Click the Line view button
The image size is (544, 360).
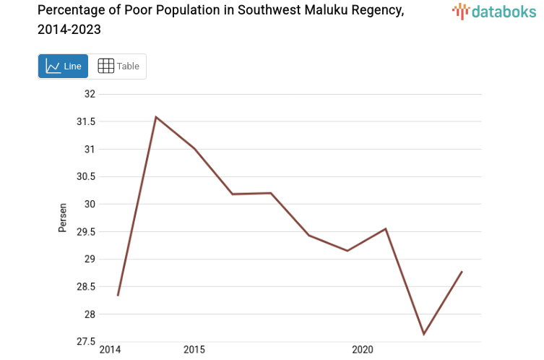coord(63,67)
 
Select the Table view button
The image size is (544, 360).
coord(118,67)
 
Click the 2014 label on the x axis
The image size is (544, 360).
coord(110,350)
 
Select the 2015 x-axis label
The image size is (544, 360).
coord(194,350)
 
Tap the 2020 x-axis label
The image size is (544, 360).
coord(362,350)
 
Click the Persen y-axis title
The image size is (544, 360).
coord(63,218)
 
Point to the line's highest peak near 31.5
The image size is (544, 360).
coord(156,117)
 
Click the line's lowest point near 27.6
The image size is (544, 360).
coord(424,334)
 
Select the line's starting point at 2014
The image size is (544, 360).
coord(118,295)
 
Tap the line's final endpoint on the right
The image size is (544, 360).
coord(462,272)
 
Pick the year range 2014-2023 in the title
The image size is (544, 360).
coord(69,30)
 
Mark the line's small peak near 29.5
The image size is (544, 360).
coord(386,229)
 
